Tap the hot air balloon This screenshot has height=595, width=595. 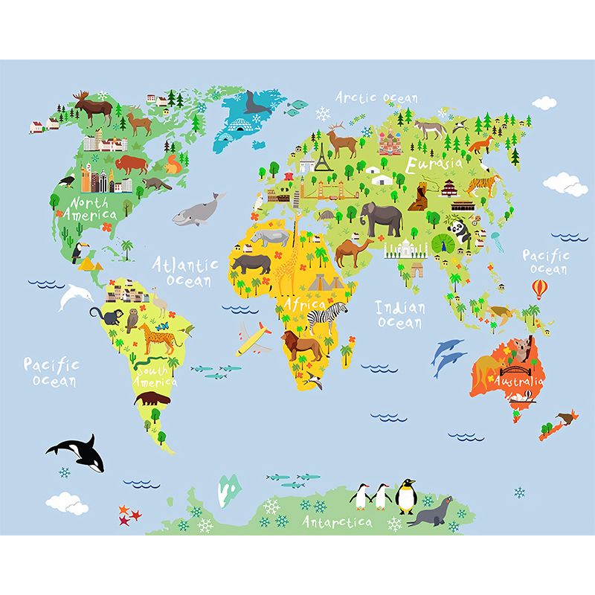538,288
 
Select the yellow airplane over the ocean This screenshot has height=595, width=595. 253,339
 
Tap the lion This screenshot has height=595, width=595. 302,346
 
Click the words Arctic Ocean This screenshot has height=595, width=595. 376,97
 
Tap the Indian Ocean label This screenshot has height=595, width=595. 400,314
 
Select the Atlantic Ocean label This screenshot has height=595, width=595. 186,271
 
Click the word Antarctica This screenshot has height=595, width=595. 337,522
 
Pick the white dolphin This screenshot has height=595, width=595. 76,297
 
